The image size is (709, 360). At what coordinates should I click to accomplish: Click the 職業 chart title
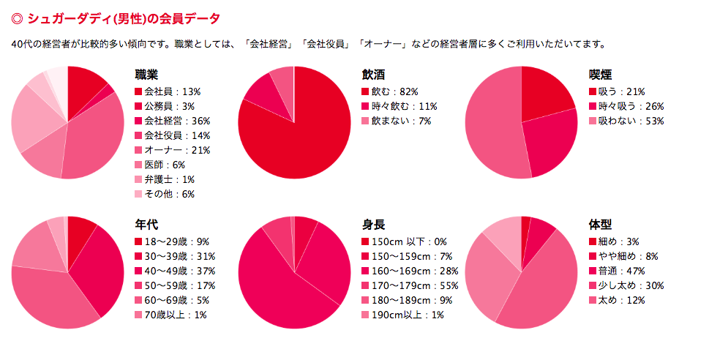[146, 75]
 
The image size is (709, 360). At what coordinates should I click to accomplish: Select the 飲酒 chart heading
[373, 75]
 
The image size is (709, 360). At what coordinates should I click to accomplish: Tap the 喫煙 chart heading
[600, 75]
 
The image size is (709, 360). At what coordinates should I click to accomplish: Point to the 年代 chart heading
[146, 225]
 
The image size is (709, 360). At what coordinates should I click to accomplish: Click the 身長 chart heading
[373, 225]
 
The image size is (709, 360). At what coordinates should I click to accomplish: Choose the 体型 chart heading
[600, 225]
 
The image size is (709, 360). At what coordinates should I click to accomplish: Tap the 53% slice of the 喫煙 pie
[490, 124]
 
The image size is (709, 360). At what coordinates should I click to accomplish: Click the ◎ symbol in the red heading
[18, 17]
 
